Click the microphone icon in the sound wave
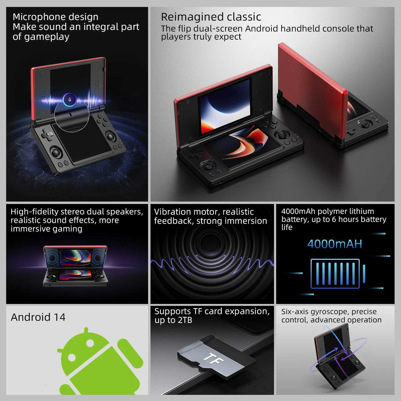[x=70, y=100]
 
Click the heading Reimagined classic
[x=211, y=17]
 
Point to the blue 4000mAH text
[x=335, y=244]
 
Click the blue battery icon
[x=337, y=273]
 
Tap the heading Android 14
[x=38, y=317]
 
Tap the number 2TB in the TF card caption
[x=184, y=320]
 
